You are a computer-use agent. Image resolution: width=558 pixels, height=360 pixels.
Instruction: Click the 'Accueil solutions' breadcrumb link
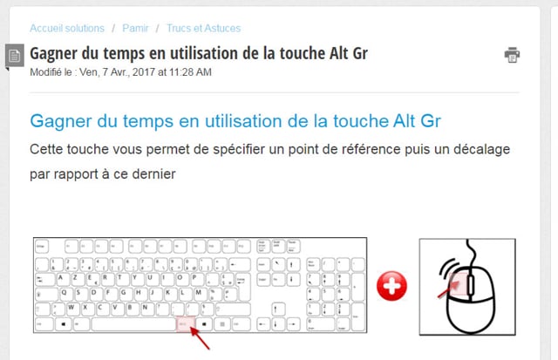tap(67, 28)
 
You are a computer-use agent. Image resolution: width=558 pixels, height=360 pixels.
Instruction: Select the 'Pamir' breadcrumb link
tap(135, 28)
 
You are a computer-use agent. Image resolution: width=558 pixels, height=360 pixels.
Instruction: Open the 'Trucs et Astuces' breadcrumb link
tap(203, 28)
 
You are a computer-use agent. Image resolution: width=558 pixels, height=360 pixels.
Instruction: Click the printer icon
tap(512, 55)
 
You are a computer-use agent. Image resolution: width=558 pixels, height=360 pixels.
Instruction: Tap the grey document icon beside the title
tap(14, 55)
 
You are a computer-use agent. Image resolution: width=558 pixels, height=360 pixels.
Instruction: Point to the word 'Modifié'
tap(48, 72)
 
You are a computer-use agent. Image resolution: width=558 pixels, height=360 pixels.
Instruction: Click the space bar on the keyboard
tap(133, 323)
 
